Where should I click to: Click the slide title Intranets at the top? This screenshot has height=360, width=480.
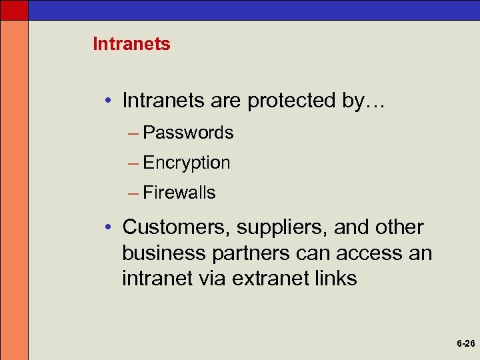131,45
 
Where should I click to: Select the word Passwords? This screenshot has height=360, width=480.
188,133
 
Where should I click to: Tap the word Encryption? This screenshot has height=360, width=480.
187,163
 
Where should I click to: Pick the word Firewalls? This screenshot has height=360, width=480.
179,193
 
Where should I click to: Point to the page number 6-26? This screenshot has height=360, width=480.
465,344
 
